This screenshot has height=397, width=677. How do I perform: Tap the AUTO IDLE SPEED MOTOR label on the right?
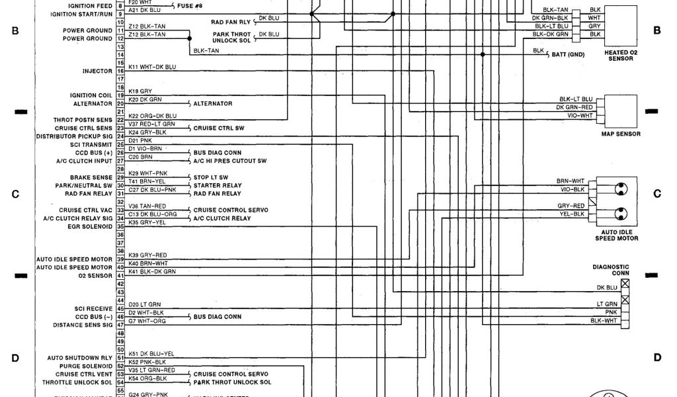tap(617, 235)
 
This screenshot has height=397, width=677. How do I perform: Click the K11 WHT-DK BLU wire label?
tap(152, 67)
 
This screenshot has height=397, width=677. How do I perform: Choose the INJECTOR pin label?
tap(97, 71)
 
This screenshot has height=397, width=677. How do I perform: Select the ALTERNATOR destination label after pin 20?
tap(213, 104)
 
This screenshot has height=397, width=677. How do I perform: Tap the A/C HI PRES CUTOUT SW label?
tap(230, 161)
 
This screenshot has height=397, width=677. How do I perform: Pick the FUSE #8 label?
tap(192, 5)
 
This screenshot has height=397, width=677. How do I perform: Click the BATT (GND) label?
tap(568, 55)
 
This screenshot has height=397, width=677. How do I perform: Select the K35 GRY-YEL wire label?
tap(147, 222)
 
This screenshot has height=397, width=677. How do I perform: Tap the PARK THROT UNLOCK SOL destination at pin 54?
tap(232, 382)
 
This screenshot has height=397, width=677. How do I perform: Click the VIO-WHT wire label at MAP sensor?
tap(580, 114)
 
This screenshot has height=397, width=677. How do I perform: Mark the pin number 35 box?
tap(120, 226)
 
